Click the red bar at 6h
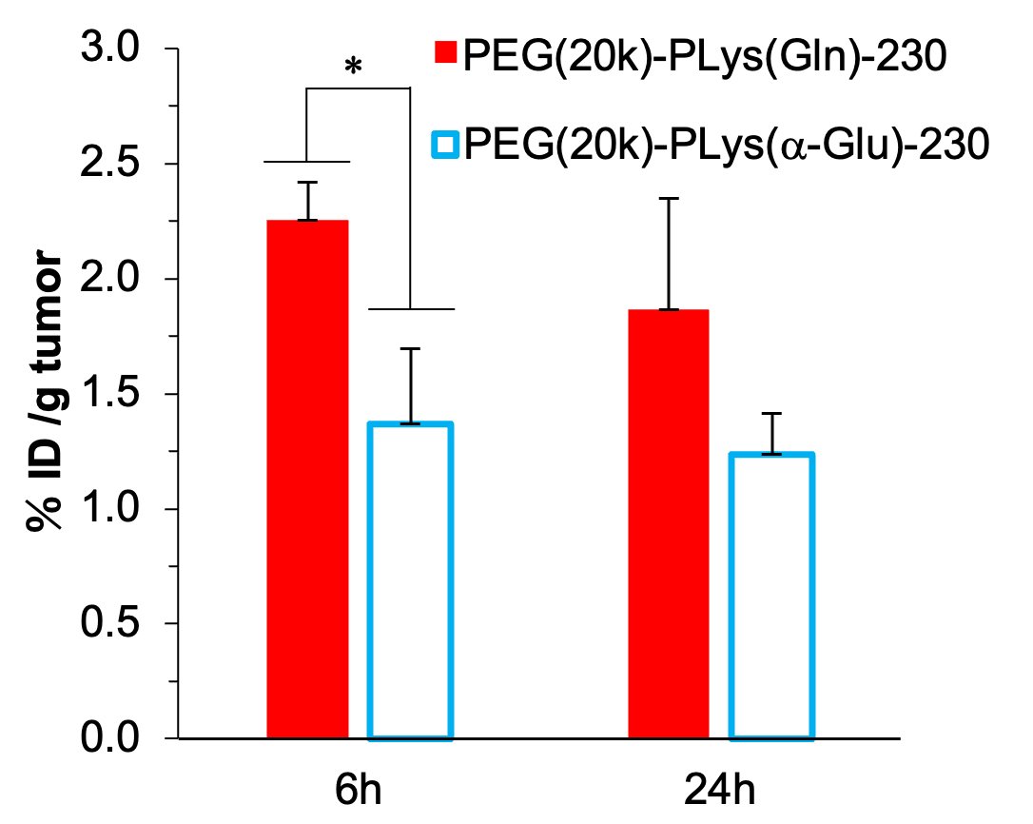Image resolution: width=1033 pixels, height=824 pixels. coord(307,479)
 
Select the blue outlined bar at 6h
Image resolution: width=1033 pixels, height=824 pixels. coord(410,580)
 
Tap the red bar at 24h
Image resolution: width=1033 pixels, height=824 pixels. coord(669,523)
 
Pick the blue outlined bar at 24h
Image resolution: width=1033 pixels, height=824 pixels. coord(771,596)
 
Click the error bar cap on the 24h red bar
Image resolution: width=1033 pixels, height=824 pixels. coord(669,198)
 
